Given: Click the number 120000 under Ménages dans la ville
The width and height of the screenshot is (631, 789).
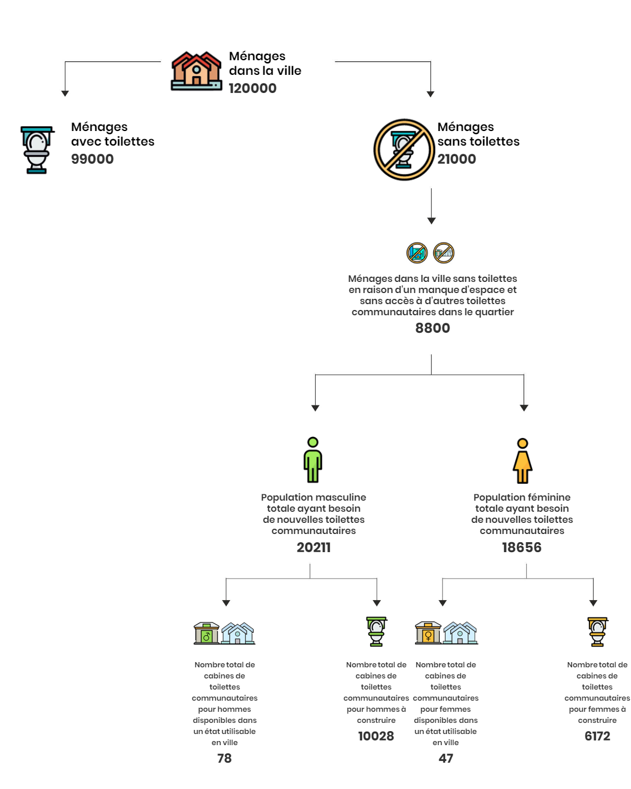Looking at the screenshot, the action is point(252,88).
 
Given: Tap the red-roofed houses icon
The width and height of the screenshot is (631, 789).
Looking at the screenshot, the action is point(196,71).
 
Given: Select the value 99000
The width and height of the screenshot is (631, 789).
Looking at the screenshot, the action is point(92,159).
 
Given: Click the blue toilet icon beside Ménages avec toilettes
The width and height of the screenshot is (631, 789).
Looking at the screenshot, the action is point(37,150).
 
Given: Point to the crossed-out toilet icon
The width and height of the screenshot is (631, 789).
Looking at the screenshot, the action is point(404,150).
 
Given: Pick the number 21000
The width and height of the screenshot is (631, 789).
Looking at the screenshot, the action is point(457,159).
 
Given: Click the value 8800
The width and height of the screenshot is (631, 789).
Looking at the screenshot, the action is point(432,328).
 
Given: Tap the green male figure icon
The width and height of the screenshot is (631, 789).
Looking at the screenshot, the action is point(312,459).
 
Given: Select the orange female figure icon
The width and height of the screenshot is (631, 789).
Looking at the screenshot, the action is point(522,460).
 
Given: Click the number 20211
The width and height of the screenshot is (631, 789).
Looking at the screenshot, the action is point(313,547).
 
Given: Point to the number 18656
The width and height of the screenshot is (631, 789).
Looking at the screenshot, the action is point(522,547).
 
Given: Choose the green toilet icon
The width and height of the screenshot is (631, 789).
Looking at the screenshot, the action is point(376,631).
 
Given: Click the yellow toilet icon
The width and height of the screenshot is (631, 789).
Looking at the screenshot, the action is point(597,631).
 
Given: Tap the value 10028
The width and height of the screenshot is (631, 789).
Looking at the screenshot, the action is point(376,736).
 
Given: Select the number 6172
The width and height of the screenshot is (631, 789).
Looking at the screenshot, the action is point(597,736).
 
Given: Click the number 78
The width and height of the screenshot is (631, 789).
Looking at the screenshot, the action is point(225,758).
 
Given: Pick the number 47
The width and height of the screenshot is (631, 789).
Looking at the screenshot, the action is point(446,758).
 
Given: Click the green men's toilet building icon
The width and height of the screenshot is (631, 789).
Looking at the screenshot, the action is point(206,633).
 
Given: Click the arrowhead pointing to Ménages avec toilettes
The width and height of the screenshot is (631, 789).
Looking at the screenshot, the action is point(65,94).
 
